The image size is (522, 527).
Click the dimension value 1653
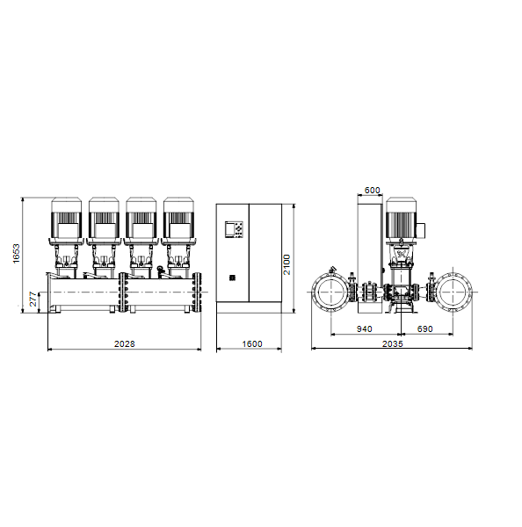click(16, 254)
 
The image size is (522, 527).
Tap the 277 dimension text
click(33, 300)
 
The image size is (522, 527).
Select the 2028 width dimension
click(125, 343)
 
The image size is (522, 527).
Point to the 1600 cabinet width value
click(252, 343)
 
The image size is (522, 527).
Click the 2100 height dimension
click(286, 264)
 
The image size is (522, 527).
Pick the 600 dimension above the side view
click(372, 191)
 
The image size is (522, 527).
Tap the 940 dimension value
click(364, 329)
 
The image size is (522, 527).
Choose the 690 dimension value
click(424, 329)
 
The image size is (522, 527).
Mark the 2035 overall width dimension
click(393, 343)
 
